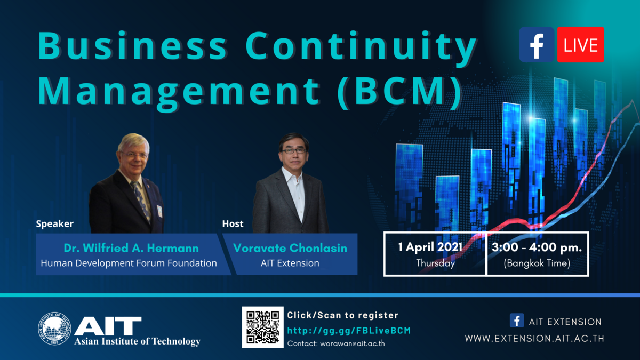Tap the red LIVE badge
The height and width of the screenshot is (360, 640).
pos(581,45)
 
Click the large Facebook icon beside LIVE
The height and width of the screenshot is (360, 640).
pos(537,45)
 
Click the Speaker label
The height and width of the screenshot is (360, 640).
pos(54,223)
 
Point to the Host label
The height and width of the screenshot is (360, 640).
pos(233,223)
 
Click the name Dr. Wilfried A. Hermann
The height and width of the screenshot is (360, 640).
pos(131,248)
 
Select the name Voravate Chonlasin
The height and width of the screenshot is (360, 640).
pos(290,248)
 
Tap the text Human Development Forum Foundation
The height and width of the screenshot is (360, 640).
pos(129,263)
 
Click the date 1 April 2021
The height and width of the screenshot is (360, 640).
pos(430,247)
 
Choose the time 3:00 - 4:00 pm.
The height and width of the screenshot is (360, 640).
pos(537,247)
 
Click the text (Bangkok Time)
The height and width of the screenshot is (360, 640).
pos(537,263)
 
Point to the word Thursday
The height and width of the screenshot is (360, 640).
pos(435,263)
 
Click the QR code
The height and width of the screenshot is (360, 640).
pos(263,327)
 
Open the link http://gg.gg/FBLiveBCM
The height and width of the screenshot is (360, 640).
pos(349,331)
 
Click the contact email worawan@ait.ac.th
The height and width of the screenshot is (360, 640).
pos(353,343)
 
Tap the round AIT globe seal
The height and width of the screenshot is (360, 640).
pos(54,329)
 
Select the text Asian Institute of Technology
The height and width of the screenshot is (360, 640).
pos(137,341)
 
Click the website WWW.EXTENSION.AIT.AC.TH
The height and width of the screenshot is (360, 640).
pos(534,339)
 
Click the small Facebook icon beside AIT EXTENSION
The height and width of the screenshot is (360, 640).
pos(517,321)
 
